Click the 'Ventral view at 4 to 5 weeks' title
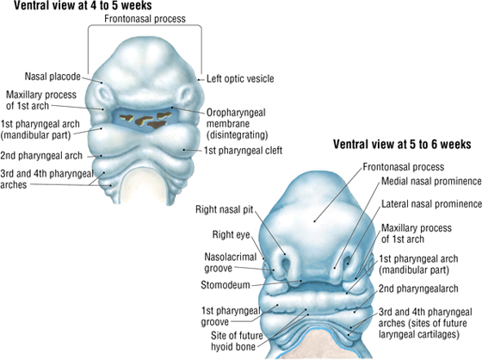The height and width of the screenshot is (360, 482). point(83,5)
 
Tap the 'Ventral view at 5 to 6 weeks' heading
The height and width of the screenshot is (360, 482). point(402,144)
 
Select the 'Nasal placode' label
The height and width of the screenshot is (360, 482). point(53,77)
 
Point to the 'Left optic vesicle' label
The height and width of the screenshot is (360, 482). point(240,78)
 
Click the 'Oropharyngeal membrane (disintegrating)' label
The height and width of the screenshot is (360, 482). point(237,124)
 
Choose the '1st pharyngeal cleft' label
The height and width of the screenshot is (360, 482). point(243,151)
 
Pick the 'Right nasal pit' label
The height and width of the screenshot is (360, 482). point(224,210)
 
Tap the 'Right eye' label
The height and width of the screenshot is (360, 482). point(232,235)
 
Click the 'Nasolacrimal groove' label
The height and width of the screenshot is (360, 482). point(231,263)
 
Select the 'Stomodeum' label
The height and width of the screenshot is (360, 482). point(226,285)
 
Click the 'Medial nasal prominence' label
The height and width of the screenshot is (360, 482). point(431,181)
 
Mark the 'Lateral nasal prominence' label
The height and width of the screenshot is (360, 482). point(431,204)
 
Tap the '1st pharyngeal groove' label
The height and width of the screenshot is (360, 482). point(231,316)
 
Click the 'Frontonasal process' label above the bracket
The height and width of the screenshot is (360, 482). point(145,19)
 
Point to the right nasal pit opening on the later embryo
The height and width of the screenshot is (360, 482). point(287,264)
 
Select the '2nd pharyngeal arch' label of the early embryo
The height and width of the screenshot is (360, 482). point(41,156)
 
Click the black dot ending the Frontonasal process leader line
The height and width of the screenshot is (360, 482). point(314,221)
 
